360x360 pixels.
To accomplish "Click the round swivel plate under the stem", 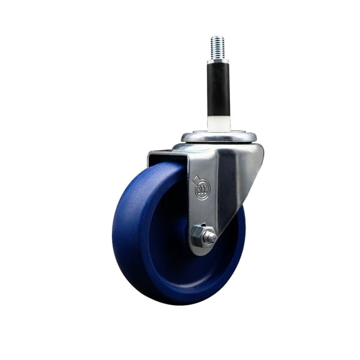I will click(x=218, y=136).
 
